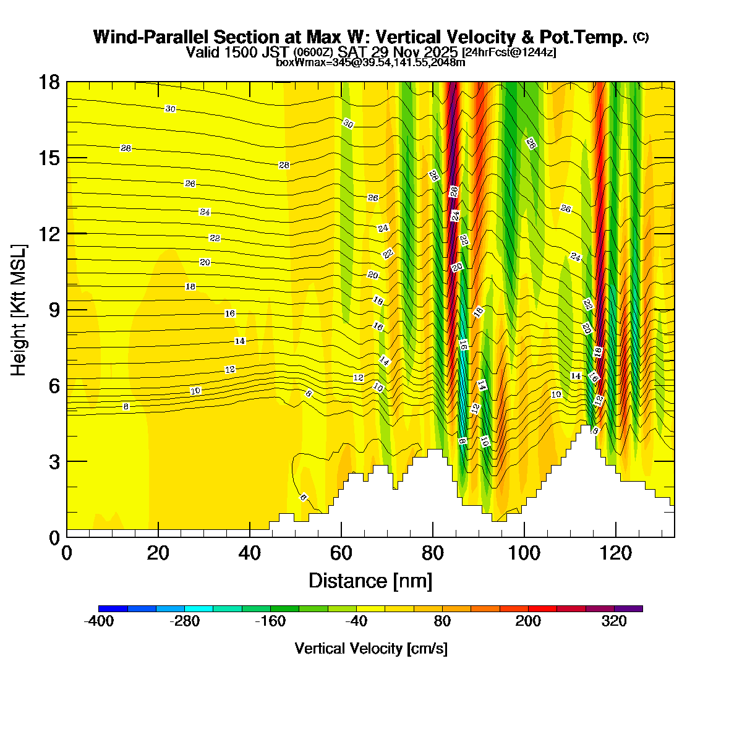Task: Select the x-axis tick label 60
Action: click(341, 552)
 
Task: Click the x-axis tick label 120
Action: click(615, 552)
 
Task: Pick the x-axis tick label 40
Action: click(250, 552)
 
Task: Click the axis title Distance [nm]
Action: click(370, 581)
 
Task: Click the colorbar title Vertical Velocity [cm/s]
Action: click(371, 649)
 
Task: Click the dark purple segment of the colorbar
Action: click(628, 608)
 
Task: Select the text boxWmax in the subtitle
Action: click(297, 62)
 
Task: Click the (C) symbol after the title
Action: click(641, 37)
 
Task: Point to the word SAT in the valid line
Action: click(351, 52)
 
